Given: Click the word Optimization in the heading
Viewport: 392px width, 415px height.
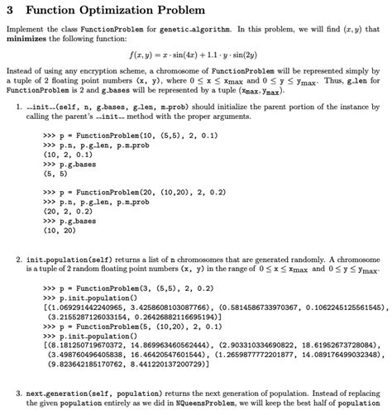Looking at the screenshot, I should point(112,12).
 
